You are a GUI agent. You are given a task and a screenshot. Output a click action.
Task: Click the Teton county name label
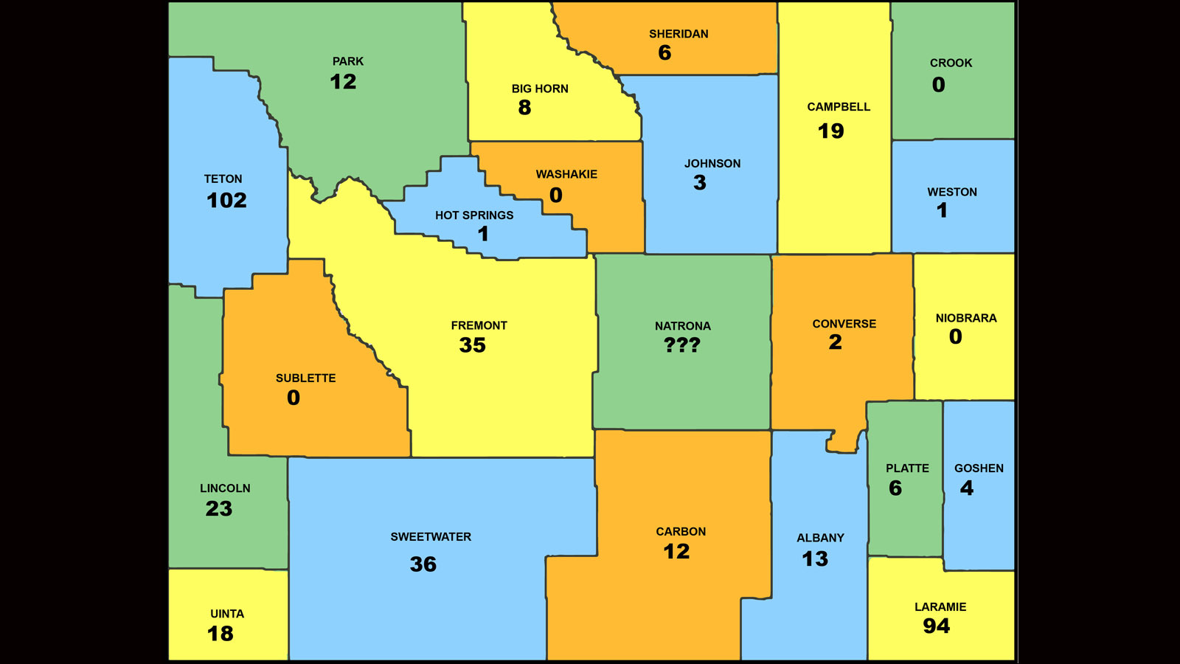click(x=223, y=179)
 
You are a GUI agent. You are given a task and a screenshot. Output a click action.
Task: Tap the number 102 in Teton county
click(x=226, y=201)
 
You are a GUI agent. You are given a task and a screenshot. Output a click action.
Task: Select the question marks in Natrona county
click(x=682, y=345)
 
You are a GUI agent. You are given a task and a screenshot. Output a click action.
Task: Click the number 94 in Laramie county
click(x=937, y=626)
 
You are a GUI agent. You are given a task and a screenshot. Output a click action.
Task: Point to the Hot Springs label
click(x=474, y=215)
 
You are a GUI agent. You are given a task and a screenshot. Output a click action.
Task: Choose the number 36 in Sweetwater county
click(x=423, y=564)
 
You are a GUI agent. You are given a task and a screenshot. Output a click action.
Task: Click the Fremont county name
click(x=479, y=325)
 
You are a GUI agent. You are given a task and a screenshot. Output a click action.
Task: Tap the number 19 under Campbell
click(x=830, y=131)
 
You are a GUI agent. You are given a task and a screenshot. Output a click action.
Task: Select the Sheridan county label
click(x=678, y=34)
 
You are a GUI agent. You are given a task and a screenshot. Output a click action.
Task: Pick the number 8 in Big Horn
click(x=524, y=108)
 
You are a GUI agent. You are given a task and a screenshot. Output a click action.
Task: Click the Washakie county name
click(x=566, y=174)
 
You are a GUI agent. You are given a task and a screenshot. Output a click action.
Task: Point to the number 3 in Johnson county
click(x=700, y=183)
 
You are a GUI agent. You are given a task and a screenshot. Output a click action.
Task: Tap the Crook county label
click(x=951, y=63)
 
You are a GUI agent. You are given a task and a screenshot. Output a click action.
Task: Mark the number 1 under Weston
click(x=942, y=210)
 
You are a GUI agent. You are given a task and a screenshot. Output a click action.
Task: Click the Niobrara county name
click(x=966, y=318)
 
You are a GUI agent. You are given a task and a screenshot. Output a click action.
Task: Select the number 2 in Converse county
click(x=835, y=342)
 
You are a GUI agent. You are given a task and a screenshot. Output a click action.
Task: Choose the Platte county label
click(x=907, y=468)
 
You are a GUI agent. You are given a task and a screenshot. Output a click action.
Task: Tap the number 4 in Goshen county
click(x=967, y=488)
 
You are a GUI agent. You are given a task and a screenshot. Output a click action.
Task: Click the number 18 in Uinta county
click(x=221, y=634)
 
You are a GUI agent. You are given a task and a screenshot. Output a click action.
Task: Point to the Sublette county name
click(x=305, y=378)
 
